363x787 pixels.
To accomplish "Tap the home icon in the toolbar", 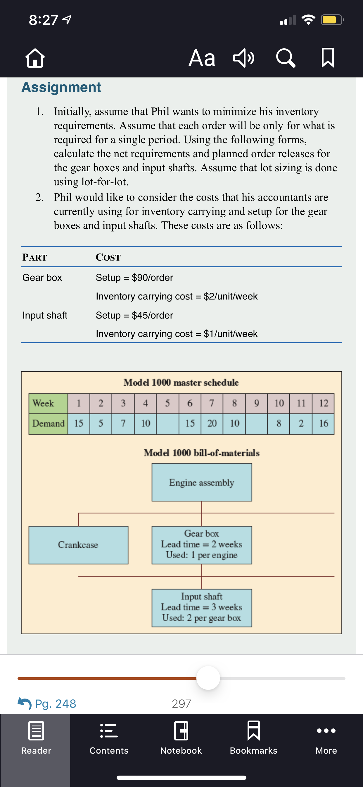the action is point(35,58).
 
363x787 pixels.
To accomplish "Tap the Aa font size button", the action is point(202,58).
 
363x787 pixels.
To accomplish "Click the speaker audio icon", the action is point(244,58).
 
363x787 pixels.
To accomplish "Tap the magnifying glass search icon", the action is point(286,58).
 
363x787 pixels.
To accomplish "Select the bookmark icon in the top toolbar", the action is point(328,58).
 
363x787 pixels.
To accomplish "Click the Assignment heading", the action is point(61,87).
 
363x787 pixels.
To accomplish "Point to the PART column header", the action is point(35,257).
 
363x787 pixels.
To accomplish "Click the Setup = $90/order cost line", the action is point(134,277).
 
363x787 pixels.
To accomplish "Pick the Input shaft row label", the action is point(45,315).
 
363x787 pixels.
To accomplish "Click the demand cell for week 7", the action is point(212,423).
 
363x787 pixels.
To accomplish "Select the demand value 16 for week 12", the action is point(323,423).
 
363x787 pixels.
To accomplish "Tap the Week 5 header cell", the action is point(167,403).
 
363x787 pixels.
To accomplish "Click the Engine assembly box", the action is point(202,483).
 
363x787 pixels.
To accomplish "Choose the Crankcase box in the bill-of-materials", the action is point(78,545).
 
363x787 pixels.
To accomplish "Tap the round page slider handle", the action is point(208,678).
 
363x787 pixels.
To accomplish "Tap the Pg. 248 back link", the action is point(47,704).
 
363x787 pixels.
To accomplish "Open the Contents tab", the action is point(109,737).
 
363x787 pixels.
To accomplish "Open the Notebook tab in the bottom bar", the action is point(181,737).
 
